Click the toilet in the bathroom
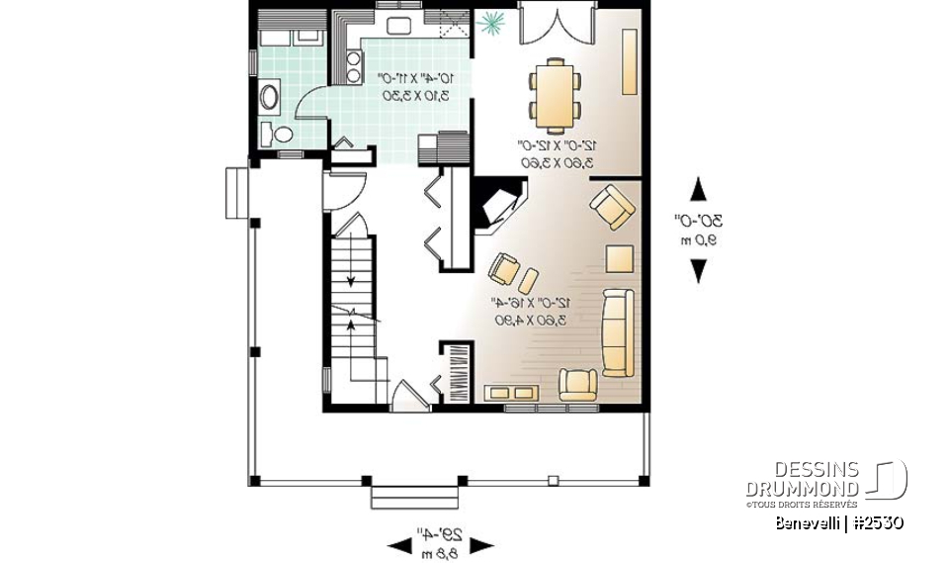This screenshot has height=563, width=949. click(281, 134)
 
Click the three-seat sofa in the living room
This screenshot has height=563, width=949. click(618, 332)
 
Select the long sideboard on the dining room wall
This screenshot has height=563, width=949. click(629, 61)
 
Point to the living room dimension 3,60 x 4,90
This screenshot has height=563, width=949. click(532, 321)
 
